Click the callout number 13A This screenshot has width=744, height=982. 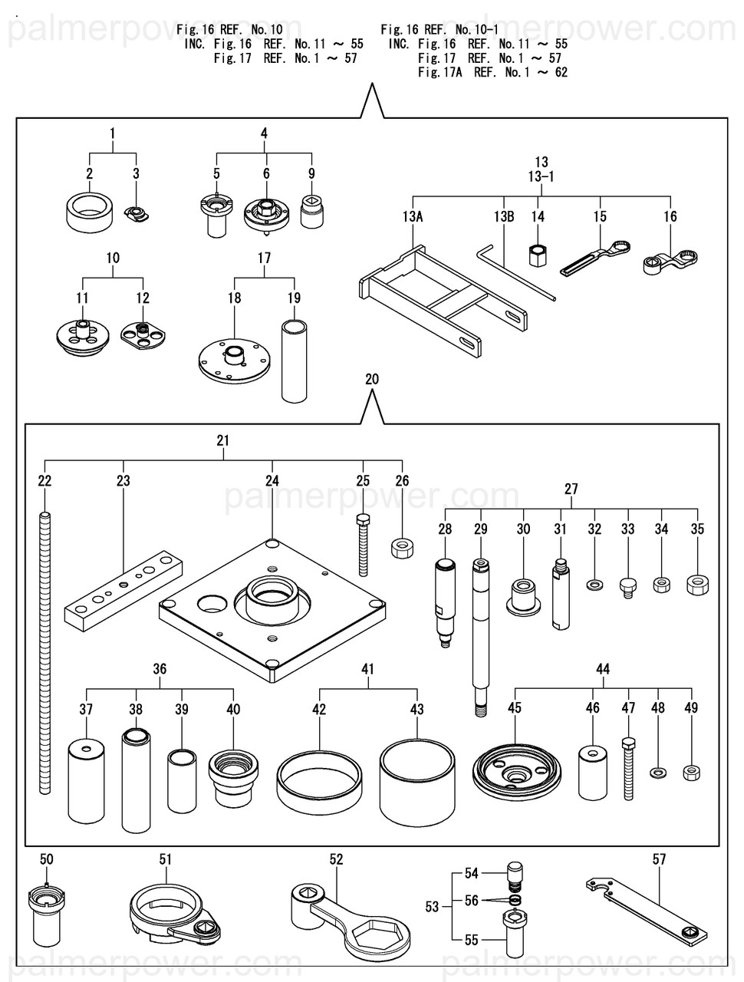(x=412, y=217)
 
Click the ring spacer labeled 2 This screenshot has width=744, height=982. (x=90, y=213)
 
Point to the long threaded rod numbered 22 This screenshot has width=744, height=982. (x=44, y=653)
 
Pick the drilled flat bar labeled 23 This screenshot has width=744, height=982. (x=123, y=590)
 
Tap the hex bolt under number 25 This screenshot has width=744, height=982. (x=363, y=545)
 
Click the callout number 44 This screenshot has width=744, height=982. (x=603, y=669)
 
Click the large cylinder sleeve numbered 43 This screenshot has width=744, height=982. (x=416, y=783)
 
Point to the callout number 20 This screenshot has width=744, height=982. (x=372, y=379)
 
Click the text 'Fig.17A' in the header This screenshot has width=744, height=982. (x=439, y=72)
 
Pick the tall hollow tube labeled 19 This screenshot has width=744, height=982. (x=295, y=361)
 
